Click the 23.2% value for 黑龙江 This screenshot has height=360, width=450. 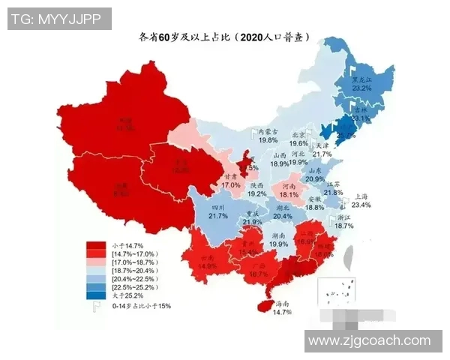click(x=361, y=88)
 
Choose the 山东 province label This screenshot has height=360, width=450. click(x=315, y=170)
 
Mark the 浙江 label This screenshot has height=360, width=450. click(x=344, y=215)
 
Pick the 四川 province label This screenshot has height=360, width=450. click(x=217, y=207)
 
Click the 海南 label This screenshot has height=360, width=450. click(x=283, y=304)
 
